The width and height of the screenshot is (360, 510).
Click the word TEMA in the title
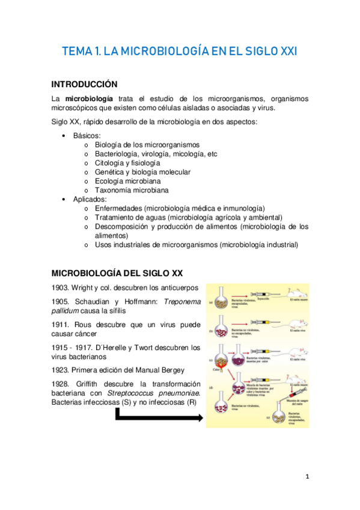(77, 52)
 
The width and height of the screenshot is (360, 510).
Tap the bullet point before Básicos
(64, 136)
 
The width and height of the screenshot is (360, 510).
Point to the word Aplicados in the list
(90, 199)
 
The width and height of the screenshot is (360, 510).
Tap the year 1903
(62, 287)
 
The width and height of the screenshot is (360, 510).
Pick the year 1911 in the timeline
(62, 325)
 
